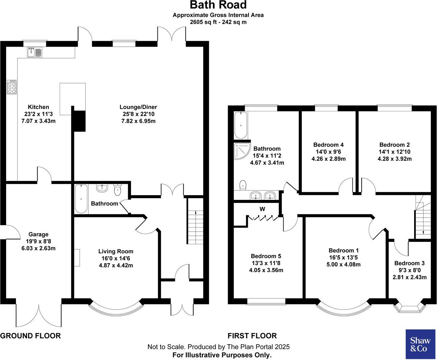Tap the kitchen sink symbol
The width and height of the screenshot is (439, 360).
tap(34, 52)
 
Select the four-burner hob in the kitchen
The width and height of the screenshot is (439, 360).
tap(12, 87)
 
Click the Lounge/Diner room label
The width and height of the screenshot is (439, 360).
tap(138, 107)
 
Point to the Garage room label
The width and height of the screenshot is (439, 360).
tap(38, 234)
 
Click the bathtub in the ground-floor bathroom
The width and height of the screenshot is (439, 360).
tap(81, 199)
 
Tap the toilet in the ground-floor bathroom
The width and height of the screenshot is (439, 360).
tap(118, 190)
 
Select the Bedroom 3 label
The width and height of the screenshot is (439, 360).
tap(409, 263)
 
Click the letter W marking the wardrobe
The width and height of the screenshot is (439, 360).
tap(262, 209)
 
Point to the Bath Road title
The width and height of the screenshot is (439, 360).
tap(218, 5)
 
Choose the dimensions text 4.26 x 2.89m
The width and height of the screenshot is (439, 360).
tap(329, 159)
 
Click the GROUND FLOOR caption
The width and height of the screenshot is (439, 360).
tap(30, 336)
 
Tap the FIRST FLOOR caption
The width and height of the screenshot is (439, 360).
tap(252, 336)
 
